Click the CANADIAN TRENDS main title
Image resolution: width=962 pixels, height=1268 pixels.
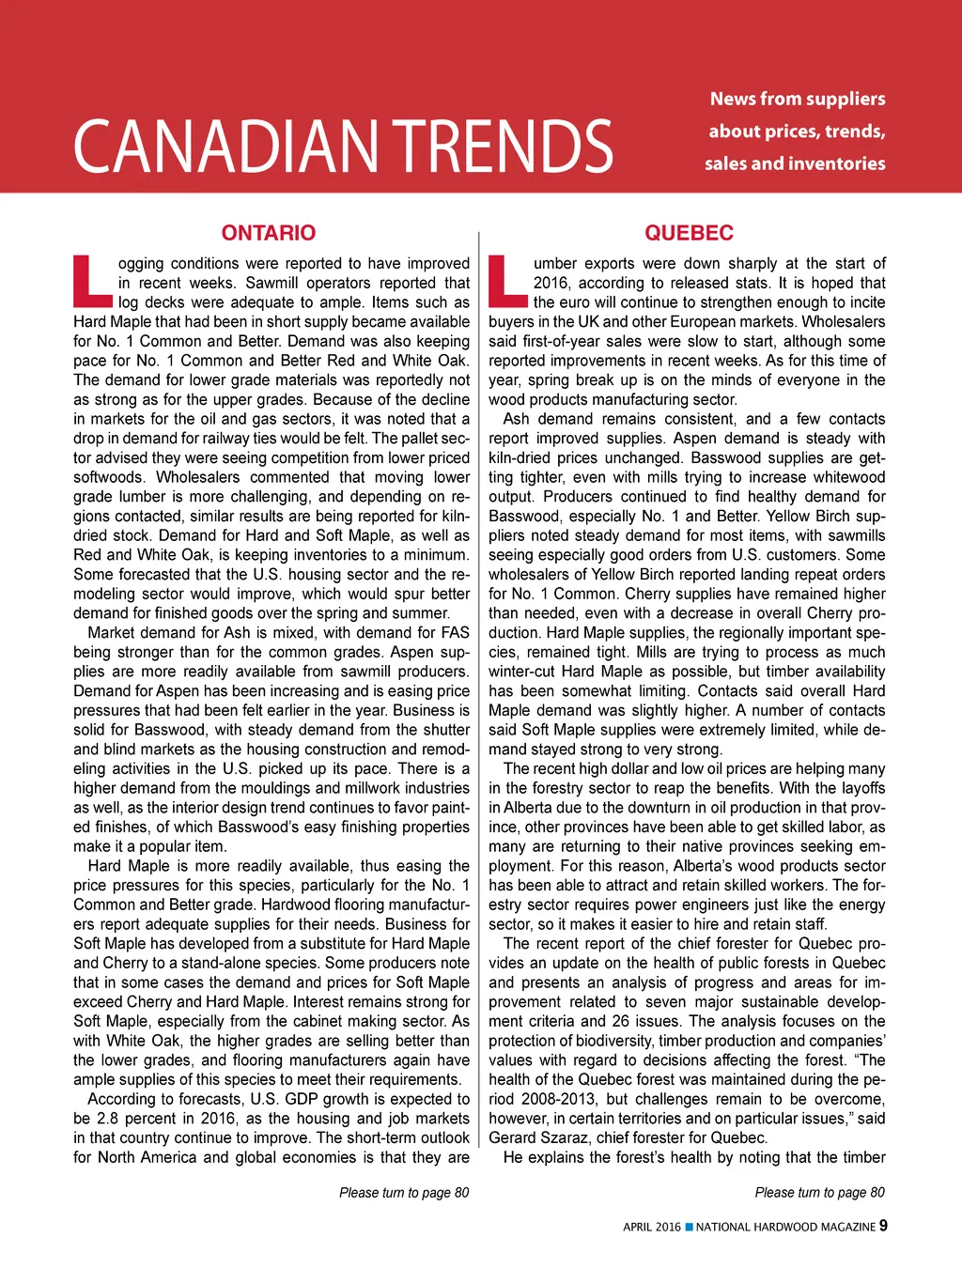click(343, 147)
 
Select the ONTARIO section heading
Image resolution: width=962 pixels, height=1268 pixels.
click(269, 233)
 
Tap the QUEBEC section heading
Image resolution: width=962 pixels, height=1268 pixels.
click(689, 233)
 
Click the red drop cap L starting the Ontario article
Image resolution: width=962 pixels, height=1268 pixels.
click(92, 281)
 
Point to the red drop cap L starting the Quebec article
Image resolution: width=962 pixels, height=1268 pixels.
click(507, 281)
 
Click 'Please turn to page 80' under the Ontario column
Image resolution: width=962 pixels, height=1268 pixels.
click(404, 1193)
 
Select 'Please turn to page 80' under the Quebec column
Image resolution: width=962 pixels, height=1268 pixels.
click(819, 1193)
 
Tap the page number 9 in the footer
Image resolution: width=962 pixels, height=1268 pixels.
click(883, 1226)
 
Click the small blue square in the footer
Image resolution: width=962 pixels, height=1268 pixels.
click(689, 1227)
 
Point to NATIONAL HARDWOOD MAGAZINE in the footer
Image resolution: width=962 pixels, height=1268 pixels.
click(785, 1227)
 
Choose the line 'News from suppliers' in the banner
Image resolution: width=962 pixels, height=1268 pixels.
click(798, 99)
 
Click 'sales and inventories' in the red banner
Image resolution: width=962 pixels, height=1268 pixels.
click(795, 163)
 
